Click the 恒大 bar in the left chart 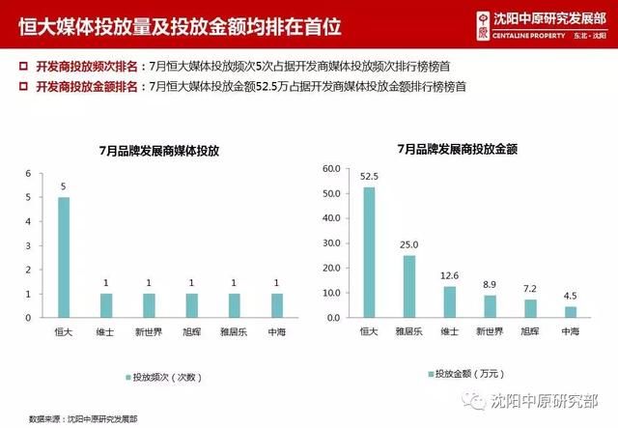pyautogui.click(x=64, y=257)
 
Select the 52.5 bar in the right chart pyautogui.click(x=369, y=252)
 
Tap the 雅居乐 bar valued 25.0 pyautogui.click(x=409, y=286)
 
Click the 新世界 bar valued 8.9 pyautogui.click(x=490, y=306)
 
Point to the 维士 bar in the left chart pyautogui.click(x=106, y=305)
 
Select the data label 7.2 pyautogui.click(x=530, y=290)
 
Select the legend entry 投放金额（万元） pyautogui.click(x=470, y=373)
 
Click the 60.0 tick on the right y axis pyautogui.click(x=329, y=168)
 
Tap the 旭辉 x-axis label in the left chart pyautogui.click(x=191, y=331)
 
